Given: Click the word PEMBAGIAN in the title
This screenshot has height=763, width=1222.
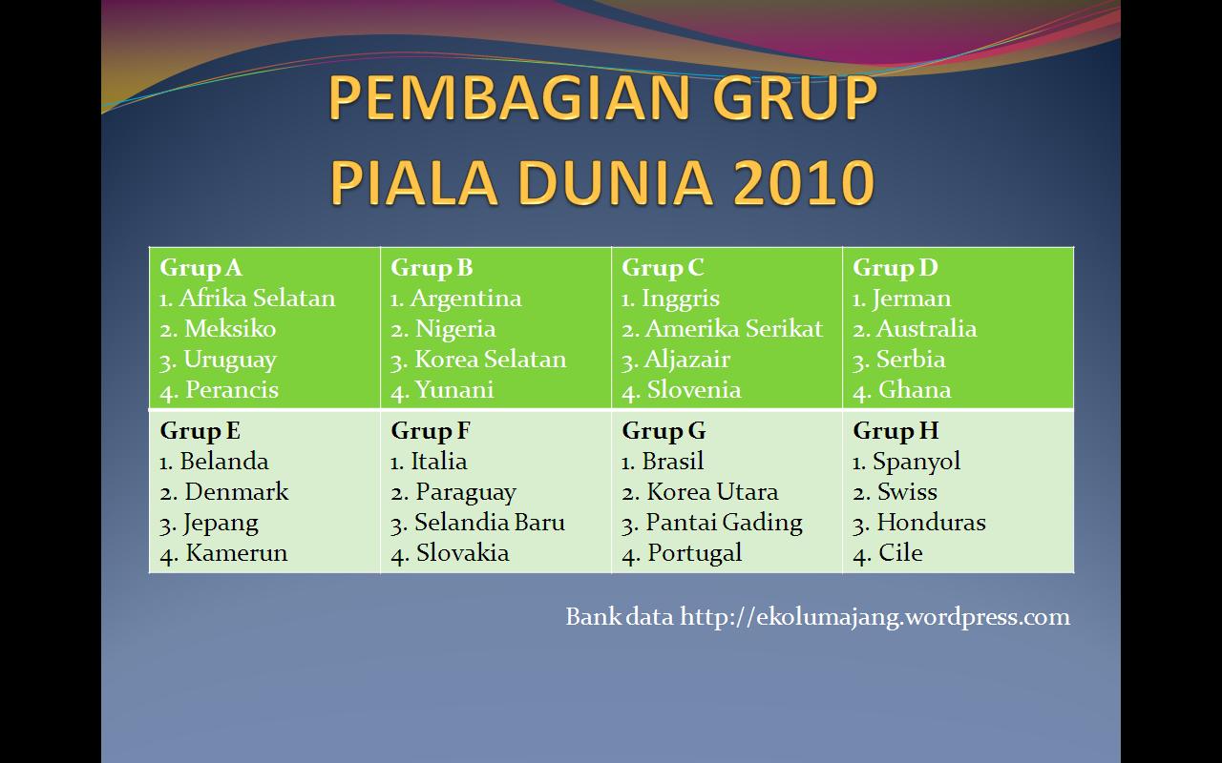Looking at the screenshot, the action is click(509, 97).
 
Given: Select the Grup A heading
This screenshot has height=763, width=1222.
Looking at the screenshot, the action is click(200, 269).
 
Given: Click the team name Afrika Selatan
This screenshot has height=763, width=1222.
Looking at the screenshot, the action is click(257, 299).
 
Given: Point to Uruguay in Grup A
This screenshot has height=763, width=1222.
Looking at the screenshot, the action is click(230, 361).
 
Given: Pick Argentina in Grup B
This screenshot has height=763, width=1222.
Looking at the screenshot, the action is click(466, 299).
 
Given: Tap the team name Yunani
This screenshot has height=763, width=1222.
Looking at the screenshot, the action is click(454, 391).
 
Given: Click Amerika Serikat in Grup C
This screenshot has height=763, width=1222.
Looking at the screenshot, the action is click(734, 329).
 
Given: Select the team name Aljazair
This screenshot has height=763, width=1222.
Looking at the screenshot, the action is click(686, 361).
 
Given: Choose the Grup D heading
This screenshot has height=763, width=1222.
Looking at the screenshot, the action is click(895, 269).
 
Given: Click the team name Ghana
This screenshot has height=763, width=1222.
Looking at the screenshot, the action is click(915, 390).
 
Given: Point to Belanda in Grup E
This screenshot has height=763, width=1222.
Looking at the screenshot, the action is click(224, 461).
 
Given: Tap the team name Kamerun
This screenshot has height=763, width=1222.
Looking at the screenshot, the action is click(236, 552).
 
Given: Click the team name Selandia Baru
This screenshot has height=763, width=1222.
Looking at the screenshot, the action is click(490, 522).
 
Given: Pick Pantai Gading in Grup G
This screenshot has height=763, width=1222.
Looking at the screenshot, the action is click(724, 524).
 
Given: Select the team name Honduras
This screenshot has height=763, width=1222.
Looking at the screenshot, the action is click(931, 522).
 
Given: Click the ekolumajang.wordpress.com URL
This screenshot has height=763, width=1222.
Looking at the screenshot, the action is click(874, 617).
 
